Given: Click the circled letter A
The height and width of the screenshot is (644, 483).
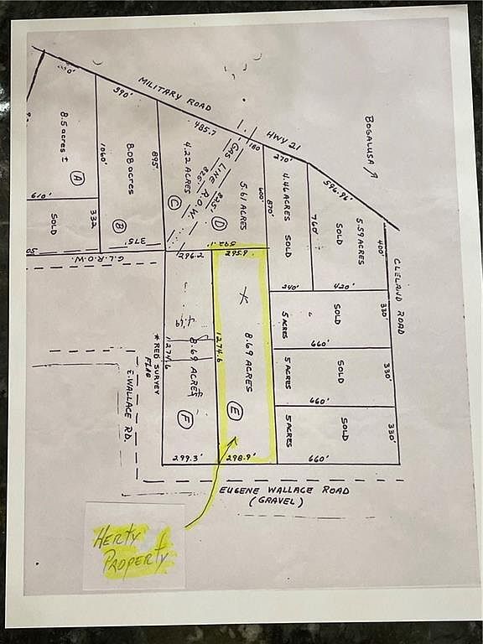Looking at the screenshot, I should click(x=76, y=178).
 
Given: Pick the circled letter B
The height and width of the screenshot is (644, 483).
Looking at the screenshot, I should click(x=119, y=225).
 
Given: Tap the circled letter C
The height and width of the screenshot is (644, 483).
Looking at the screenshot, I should click(x=174, y=201).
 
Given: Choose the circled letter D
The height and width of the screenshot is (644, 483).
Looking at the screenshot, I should click(x=219, y=223).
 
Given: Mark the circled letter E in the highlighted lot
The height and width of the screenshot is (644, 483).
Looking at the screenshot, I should click(x=234, y=411).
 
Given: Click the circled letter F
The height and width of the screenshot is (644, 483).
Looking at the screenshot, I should click(x=185, y=416).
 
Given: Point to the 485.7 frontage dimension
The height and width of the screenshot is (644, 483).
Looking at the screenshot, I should click(x=205, y=132).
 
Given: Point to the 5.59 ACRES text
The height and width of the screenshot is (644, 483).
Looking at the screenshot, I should click(x=361, y=241).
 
